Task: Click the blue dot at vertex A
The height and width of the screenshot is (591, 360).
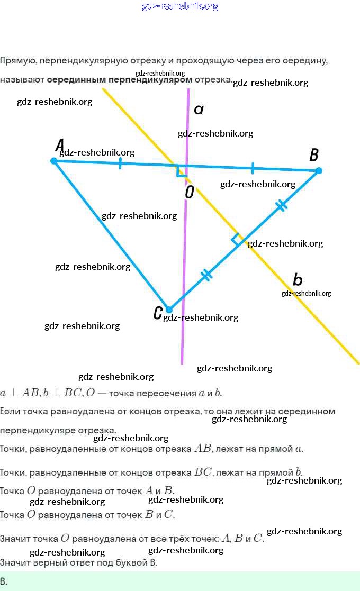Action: pyautogui.click(x=53, y=160)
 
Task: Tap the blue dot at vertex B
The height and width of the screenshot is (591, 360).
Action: pyautogui.click(x=318, y=170)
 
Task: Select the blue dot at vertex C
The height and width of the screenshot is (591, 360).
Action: pyautogui.click(x=169, y=310)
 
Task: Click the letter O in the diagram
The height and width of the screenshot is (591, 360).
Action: pyautogui.click(x=190, y=192)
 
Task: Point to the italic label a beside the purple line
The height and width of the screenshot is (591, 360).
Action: pyautogui.click(x=199, y=110)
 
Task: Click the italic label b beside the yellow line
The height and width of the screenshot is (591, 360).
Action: pyautogui.click(x=298, y=279)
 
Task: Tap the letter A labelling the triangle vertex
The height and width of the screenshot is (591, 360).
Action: pyautogui.click(x=60, y=144)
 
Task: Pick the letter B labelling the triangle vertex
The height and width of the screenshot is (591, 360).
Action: pyautogui.click(x=313, y=154)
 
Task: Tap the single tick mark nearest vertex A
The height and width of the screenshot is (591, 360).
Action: pyautogui.click(x=120, y=163)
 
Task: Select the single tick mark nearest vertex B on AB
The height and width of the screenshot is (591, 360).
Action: pyautogui.click(x=253, y=168)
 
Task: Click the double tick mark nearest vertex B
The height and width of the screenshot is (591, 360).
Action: pyautogui.click(x=282, y=205)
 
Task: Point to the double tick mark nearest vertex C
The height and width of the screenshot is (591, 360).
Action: pyautogui.click(x=206, y=275)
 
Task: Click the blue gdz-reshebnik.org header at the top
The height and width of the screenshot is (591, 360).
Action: pyautogui.click(x=180, y=6)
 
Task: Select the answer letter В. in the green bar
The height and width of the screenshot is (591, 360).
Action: pyautogui.click(x=4, y=581)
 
